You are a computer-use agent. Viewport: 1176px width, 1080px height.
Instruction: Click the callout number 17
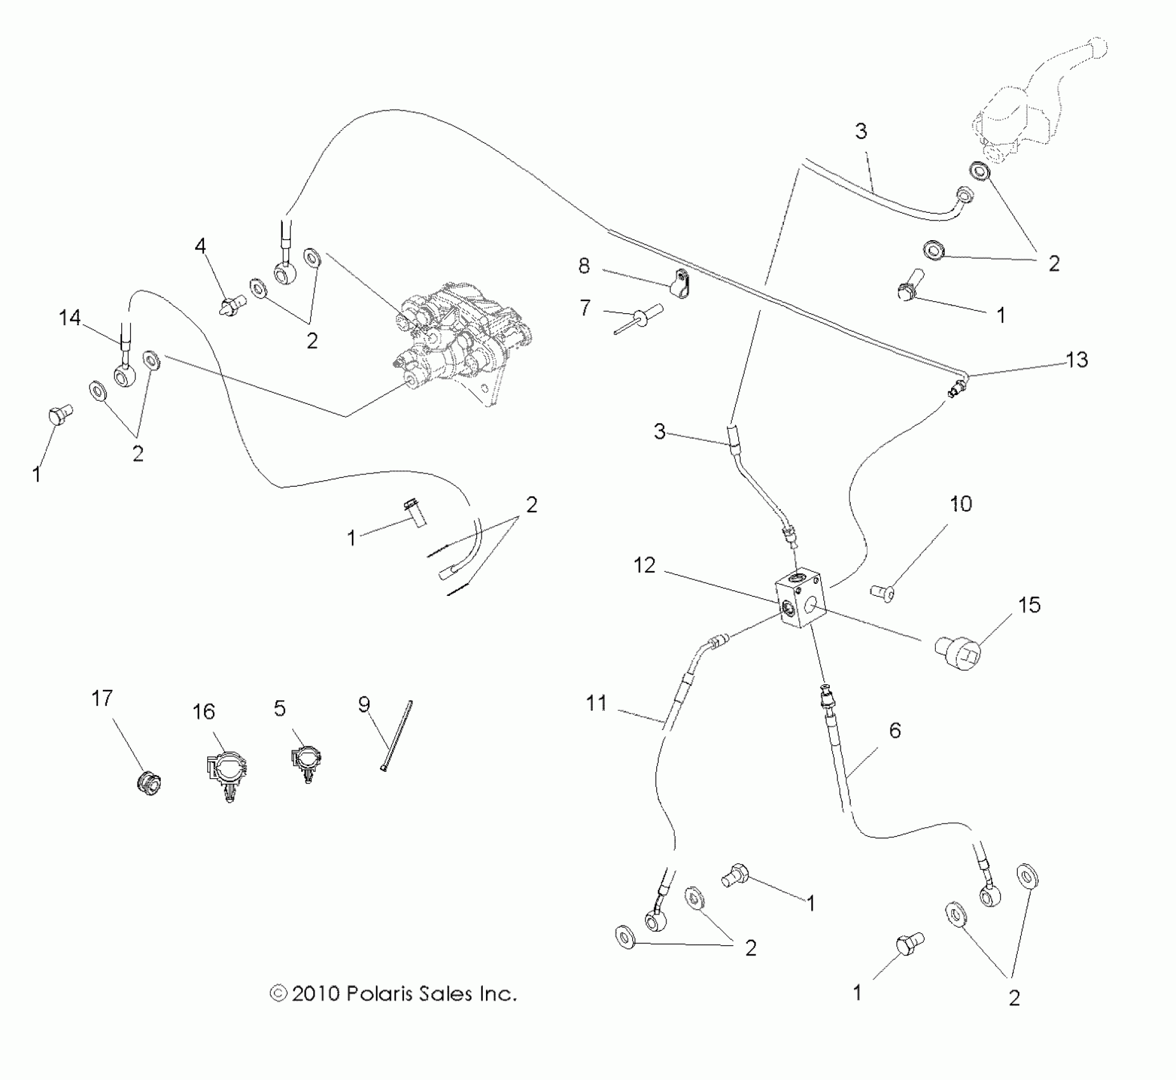102,699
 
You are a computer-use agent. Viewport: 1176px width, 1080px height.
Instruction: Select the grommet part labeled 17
149,781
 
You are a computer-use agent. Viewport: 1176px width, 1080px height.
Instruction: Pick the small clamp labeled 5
306,762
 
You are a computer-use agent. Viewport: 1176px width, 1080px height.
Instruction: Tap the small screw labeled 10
882,593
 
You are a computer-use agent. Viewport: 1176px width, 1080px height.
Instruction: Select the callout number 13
1076,360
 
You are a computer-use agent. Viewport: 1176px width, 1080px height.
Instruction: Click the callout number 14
70,317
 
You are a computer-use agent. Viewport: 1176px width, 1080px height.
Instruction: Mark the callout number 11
596,703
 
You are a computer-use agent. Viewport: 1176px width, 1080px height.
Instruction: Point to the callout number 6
895,731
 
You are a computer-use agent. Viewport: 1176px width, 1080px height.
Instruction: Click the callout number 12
644,565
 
